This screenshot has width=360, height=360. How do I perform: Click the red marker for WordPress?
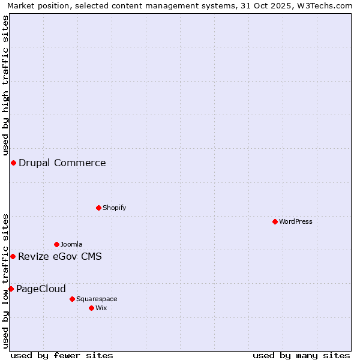coord(275,221)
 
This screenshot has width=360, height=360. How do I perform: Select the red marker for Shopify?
coord(98,208)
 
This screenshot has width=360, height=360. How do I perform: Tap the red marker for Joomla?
coord(56,244)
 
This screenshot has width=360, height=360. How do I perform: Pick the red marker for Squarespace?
coord(72,299)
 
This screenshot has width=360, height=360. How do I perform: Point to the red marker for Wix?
coord(91,308)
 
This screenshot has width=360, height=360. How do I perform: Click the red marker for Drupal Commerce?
coord(13,163)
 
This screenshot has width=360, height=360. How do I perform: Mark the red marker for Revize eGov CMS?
coord(13,256)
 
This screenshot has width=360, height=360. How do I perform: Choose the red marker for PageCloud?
coord(11,289)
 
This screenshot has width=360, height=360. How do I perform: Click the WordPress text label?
coord(296,221)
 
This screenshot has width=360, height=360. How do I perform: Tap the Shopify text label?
coord(114,208)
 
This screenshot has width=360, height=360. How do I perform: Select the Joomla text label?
coord(71,244)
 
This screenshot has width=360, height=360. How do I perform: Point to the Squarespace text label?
coord(97,299)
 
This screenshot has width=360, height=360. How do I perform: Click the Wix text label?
coord(101,308)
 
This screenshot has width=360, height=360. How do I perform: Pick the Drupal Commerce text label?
coord(62,163)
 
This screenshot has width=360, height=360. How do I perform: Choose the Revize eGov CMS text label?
coord(60,257)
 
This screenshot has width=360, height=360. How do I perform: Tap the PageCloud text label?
coord(41,289)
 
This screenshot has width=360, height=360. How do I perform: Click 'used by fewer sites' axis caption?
coord(62,355)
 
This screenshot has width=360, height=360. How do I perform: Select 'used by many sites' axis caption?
coord(301,355)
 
